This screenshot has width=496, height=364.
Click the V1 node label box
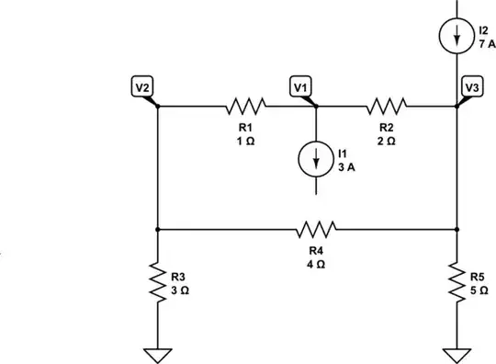pos(299,86)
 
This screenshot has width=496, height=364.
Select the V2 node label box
pos(141,86)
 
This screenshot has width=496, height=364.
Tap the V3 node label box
pos(472,86)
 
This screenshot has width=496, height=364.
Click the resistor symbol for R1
pos(245,106)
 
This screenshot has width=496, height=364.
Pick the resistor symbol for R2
pos(387,106)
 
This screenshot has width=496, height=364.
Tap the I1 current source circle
pos(316,158)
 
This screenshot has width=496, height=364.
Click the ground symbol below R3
pos(158,353)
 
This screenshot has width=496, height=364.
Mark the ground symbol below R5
pos(457,353)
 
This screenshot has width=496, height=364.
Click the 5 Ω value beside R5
pos(479,288)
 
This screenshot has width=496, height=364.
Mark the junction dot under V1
pos(316,106)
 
